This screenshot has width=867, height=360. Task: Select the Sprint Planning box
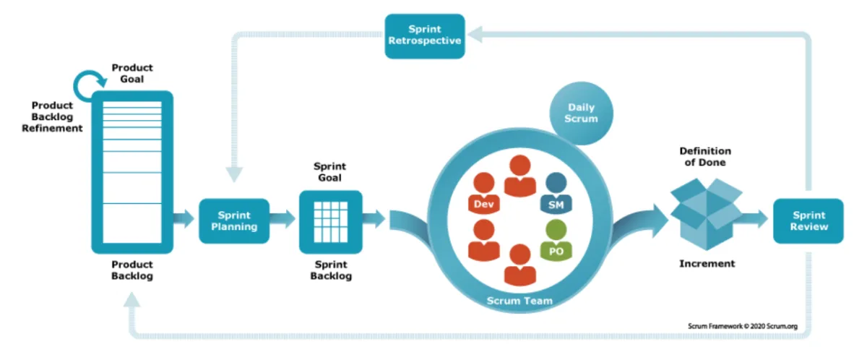(233, 221)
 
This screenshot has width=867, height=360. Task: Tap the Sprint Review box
(808, 221)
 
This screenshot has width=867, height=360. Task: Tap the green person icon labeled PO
(556, 241)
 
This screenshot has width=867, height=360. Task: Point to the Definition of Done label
(705, 157)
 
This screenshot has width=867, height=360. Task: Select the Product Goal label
(132, 73)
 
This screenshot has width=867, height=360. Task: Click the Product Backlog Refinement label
(57, 116)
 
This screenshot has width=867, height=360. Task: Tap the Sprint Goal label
(330, 171)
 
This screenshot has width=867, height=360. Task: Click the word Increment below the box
(707, 264)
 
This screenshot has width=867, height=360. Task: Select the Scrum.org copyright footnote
(742, 327)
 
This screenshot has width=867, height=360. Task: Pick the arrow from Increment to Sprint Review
(755, 219)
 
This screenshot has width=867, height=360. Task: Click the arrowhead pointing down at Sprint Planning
(234, 174)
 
